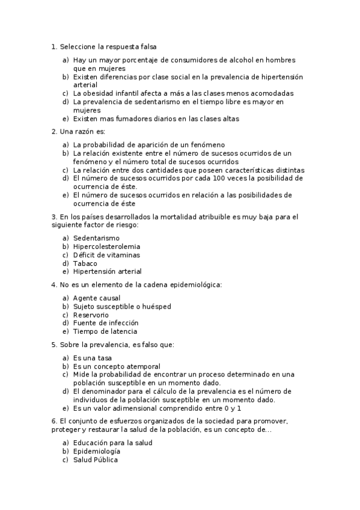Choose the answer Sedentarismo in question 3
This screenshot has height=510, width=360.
[96, 238]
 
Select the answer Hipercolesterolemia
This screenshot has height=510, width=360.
[107, 246]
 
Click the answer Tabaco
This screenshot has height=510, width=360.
[85, 263]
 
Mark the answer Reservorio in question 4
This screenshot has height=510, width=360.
[91, 315]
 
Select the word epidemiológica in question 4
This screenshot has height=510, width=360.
[194, 284]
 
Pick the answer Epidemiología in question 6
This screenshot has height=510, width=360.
[96, 451]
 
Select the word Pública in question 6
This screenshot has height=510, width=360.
[105, 459]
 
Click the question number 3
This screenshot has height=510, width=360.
[54, 216]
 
